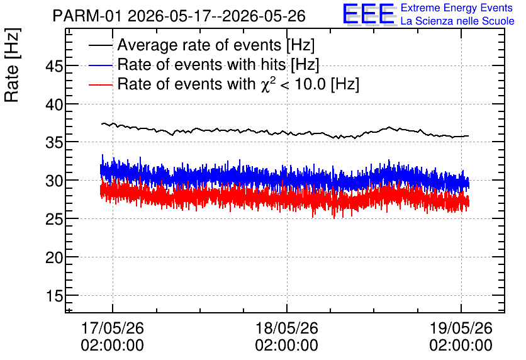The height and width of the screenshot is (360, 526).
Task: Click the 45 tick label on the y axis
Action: tap(54, 66)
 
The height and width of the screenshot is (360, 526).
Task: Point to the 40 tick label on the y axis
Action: tap(54, 104)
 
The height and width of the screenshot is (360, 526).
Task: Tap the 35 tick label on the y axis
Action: tap(54, 143)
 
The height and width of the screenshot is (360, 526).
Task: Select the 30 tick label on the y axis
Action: tap(54, 181)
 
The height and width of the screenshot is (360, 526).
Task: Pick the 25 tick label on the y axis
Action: tap(54, 220)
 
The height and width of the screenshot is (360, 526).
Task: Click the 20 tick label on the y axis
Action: tap(54, 257)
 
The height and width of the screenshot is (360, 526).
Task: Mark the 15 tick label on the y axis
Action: tap(54, 296)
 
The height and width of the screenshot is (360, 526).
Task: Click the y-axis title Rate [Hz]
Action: tap(12, 65)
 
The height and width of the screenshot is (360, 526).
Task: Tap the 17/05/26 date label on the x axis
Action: tap(113, 328)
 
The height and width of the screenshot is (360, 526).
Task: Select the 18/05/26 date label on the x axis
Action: tap(287, 328)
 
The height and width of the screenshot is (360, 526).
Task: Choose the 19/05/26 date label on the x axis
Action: tap(461, 328)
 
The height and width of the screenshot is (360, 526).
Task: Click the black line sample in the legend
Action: tap(101, 45)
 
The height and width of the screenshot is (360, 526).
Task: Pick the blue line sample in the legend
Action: tap(101, 65)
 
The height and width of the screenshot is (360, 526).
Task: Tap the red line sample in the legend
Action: tap(101, 84)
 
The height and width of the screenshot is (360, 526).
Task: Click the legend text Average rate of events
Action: tap(199, 45)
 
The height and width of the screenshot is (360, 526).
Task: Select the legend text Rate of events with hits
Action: tap(201, 64)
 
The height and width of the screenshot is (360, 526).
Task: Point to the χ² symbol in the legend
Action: tap(266, 84)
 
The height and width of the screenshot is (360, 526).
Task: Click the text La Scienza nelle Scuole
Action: tap(457, 21)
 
